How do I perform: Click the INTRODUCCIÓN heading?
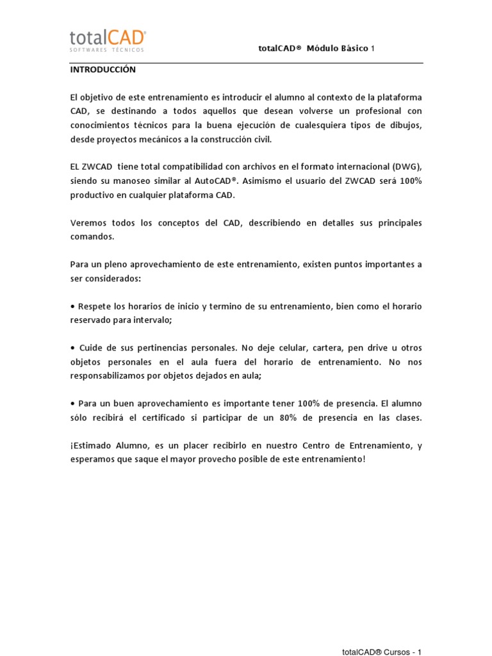point(102,70)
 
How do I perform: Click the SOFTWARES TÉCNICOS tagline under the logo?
point(107,49)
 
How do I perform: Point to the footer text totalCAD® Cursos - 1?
point(382,652)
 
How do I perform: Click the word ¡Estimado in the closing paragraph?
point(91,445)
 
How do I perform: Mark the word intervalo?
point(151,320)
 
